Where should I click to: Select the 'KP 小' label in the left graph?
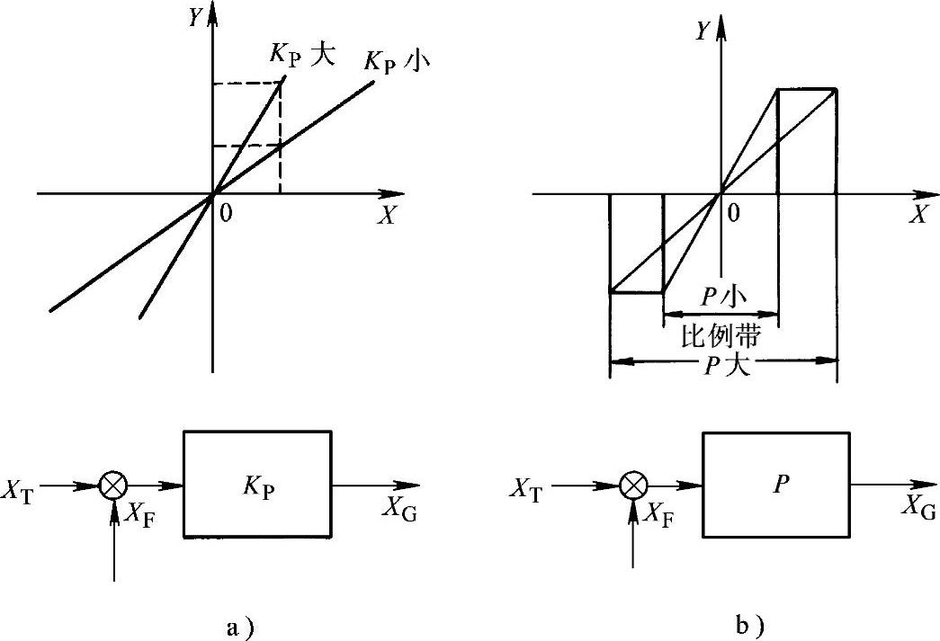pyautogui.click(x=396, y=63)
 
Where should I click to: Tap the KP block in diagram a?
pyautogui.click(x=257, y=485)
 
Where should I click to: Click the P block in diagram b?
pyautogui.click(x=775, y=485)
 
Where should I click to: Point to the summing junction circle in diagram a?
pyautogui.click(x=112, y=485)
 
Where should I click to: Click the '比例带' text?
pyautogui.click(x=720, y=336)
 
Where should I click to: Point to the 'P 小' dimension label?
pyautogui.click(x=720, y=298)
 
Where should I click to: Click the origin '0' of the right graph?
pyautogui.click(x=735, y=212)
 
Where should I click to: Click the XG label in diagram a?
pyautogui.click(x=399, y=508)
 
